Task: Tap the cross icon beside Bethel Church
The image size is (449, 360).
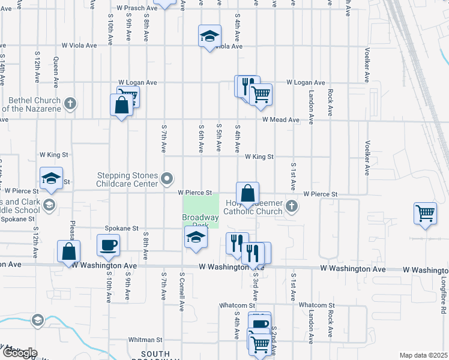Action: (x=70, y=104)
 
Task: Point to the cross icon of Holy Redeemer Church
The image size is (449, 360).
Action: (x=292, y=207)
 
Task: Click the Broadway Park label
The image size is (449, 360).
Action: (x=200, y=221)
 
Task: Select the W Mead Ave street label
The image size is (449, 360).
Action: (x=280, y=120)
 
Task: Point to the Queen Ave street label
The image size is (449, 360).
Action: (x=56, y=68)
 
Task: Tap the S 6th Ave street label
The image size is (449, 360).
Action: (x=201, y=139)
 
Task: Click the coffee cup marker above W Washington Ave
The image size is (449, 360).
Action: (x=108, y=245)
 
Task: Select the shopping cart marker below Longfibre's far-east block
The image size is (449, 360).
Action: (x=425, y=214)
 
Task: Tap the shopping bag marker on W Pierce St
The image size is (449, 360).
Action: (x=247, y=193)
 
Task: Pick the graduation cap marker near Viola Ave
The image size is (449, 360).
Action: (x=209, y=37)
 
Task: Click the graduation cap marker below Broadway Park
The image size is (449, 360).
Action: (x=196, y=238)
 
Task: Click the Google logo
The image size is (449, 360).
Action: (x=19, y=352)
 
